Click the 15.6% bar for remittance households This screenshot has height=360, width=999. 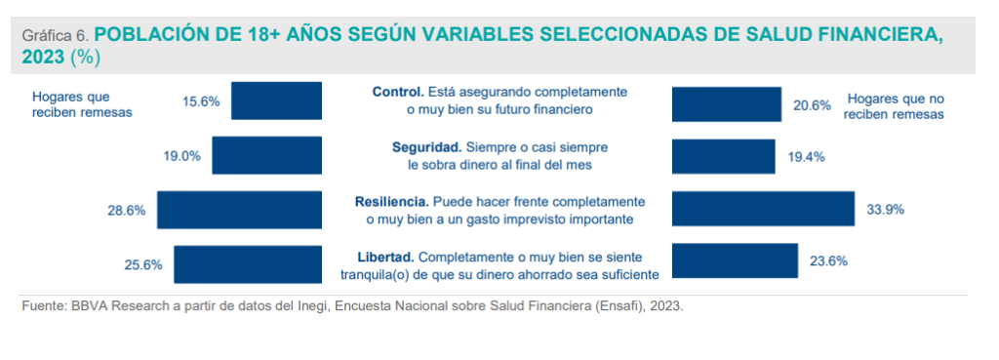pos(276,100)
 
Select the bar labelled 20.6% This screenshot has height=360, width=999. pos(727,104)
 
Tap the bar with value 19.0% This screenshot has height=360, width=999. pos(267,155)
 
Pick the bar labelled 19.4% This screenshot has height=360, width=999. pos(724,157)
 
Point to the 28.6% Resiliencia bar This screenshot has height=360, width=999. pos(240,210)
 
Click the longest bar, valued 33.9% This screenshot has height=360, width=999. pos(763,209)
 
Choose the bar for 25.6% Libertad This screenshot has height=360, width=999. pos(248,264)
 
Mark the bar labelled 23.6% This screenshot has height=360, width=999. pos(736,260)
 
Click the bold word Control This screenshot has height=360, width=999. pos(398,92)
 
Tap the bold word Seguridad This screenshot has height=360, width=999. pos(426,147)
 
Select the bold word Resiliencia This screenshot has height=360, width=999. pos(391,202)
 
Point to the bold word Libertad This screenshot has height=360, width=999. pos(386,258)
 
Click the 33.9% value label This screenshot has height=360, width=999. pos(885,210)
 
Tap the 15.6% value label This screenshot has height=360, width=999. pos(201,101)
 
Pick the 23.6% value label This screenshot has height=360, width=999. pos(828,260)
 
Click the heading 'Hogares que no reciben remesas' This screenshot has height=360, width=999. pos(896,107)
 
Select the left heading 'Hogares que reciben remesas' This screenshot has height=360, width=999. pos(82,104)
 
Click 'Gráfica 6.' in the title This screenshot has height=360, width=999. pos(57,36)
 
